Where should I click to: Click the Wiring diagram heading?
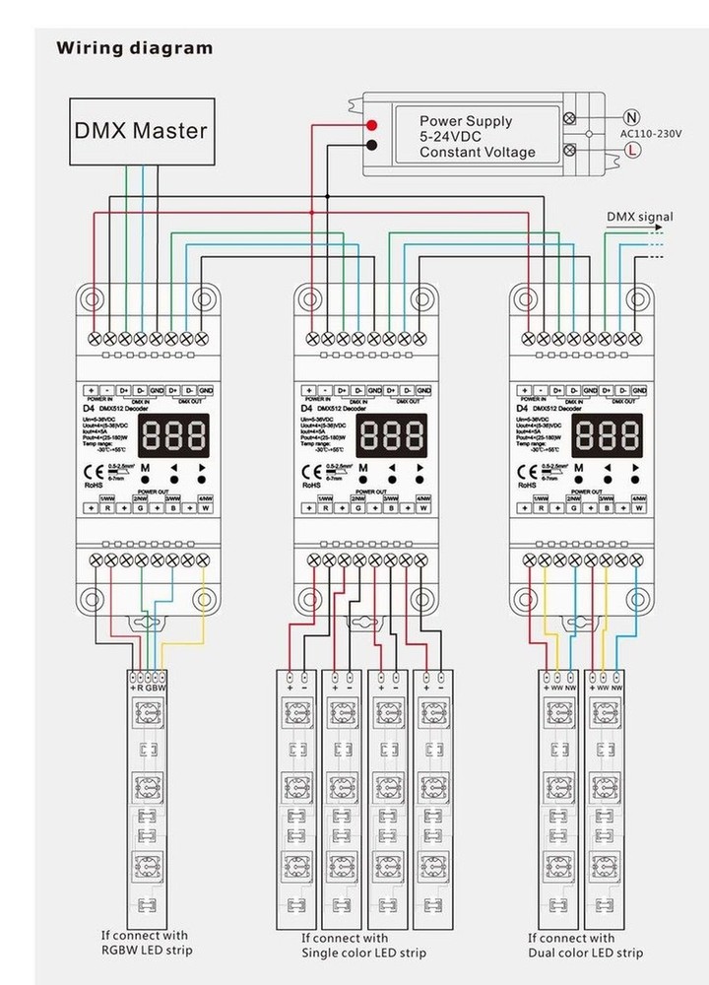tap(134, 47)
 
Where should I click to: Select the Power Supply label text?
tap(466, 121)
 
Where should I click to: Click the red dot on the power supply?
tap(371, 125)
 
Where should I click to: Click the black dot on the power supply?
tap(371, 147)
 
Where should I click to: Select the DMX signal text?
tap(639, 218)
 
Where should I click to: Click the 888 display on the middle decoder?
tap(391, 432)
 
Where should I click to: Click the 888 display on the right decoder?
tap(608, 432)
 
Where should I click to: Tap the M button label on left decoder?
tap(145, 468)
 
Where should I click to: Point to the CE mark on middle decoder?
tap(312, 470)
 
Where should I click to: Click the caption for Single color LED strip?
tap(363, 946)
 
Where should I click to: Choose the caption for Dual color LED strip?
tap(585, 946)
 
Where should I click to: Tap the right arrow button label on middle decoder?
tap(421, 468)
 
